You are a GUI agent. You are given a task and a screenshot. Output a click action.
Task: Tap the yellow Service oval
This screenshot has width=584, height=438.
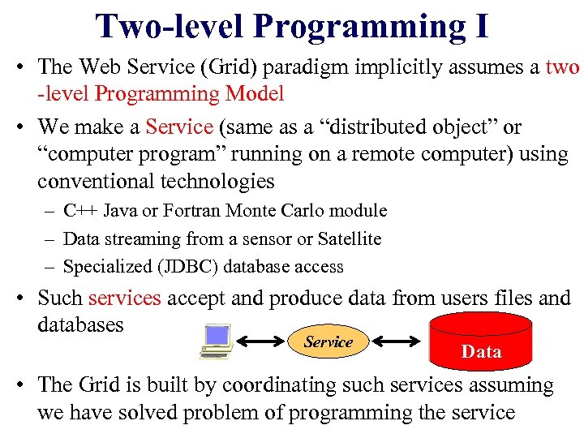(x=328, y=342)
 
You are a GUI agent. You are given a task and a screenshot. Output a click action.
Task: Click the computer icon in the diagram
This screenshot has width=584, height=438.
(x=217, y=341)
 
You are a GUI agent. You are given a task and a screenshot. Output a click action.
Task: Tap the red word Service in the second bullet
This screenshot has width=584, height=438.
(x=178, y=127)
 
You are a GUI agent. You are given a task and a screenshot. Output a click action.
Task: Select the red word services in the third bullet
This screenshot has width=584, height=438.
(x=125, y=298)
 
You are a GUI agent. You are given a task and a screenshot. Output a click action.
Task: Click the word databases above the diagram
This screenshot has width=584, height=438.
(x=80, y=324)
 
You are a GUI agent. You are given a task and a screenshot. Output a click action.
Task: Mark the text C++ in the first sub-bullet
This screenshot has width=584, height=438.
(x=80, y=211)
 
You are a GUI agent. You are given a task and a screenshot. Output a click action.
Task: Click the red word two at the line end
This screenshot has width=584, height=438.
(x=562, y=67)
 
